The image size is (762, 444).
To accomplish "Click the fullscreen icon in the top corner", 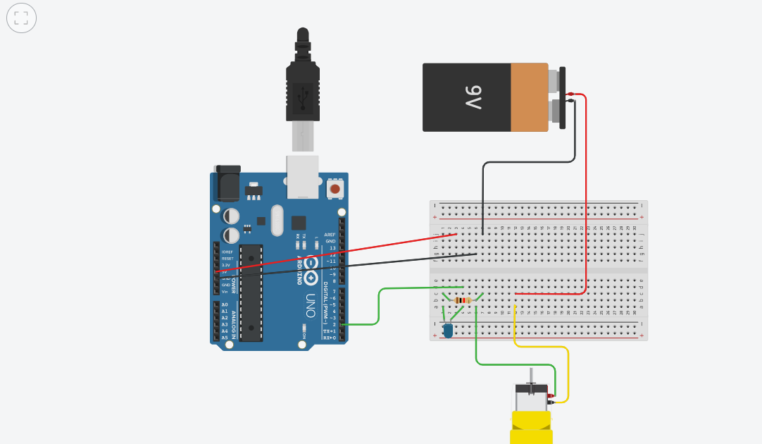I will (x=21, y=18).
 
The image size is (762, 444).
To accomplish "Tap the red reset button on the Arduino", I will (x=335, y=189).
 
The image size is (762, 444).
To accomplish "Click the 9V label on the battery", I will (x=473, y=97).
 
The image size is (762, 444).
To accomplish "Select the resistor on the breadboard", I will (x=463, y=300).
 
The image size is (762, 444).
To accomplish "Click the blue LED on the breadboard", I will (x=448, y=329).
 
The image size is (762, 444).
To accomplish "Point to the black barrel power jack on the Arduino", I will (x=227, y=184).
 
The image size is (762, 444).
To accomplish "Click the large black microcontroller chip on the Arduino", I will (x=251, y=292).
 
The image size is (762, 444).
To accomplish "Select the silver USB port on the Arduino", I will (x=303, y=175).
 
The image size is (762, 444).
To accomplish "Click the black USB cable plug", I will (x=303, y=88).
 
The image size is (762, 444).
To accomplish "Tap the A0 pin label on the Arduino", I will (x=225, y=304).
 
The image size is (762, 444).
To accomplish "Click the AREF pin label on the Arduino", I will (x=330, y=235).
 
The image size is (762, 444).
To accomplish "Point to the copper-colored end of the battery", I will (x=529, y=97).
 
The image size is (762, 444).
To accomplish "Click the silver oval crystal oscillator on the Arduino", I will (x=275, y=220).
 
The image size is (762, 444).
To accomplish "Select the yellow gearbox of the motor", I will (x=531, y=427).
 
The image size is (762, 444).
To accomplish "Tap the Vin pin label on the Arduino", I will (x=225, y=291).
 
